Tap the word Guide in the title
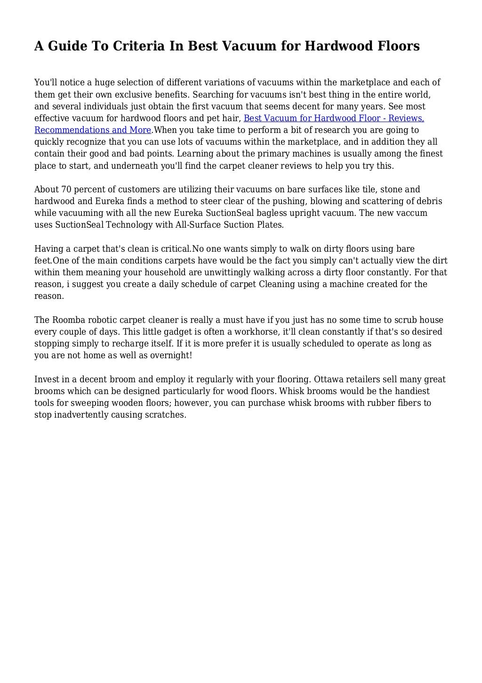point(66,46)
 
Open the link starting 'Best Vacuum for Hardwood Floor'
point(334,118)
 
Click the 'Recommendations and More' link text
point(93,130)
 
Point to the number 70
point(66,189)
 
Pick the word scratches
point(166,415)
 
